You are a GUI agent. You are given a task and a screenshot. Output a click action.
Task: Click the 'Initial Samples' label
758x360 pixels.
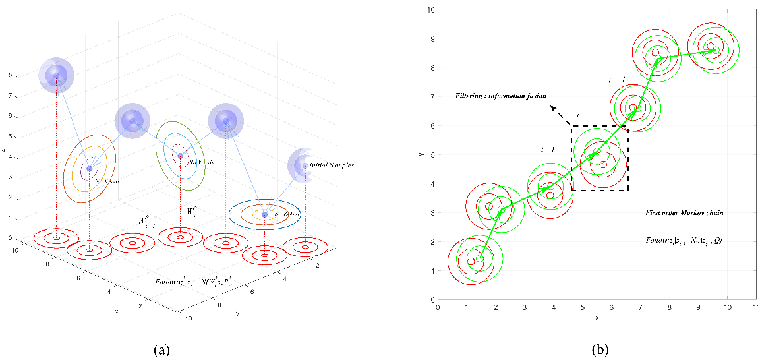(x=332, y=165)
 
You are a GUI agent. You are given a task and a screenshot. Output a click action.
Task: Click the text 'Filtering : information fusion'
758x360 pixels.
(x=501, y=96)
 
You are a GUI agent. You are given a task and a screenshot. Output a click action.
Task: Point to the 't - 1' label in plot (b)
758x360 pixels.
(x=547, y=150)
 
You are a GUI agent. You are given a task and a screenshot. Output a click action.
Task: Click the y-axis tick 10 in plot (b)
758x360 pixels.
(x=429, y=10)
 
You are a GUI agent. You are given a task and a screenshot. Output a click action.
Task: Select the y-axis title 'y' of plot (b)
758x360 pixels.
(x=420, y=154)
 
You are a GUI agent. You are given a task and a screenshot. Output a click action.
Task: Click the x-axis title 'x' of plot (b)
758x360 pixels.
(x=597, y=318)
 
